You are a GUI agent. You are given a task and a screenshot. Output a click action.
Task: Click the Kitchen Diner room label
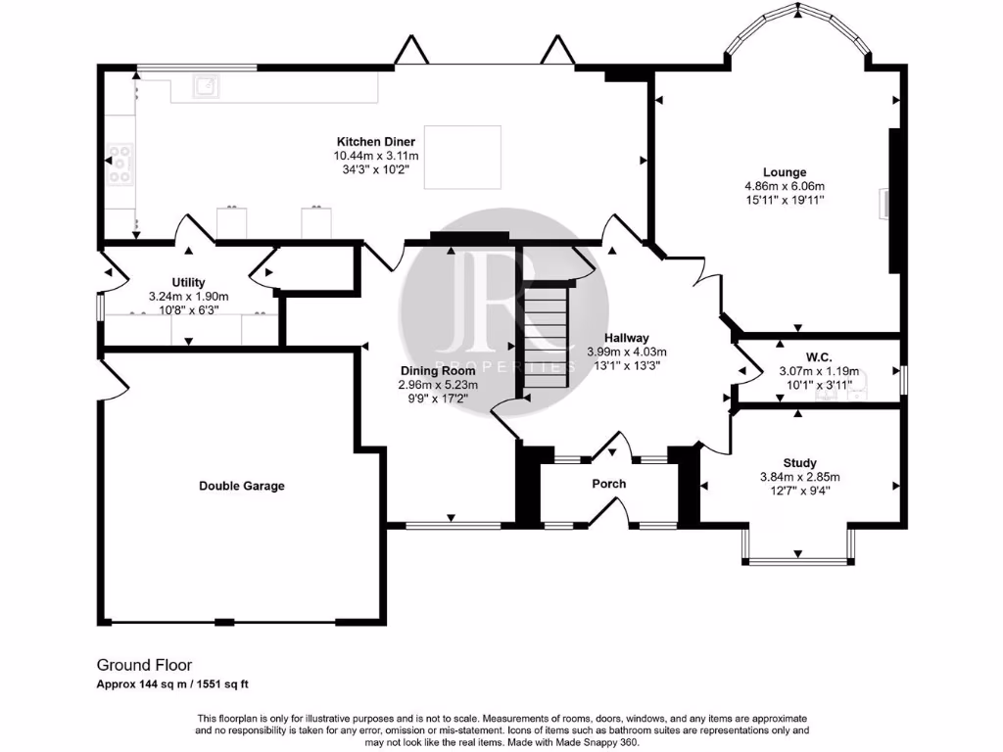tap(376, 142)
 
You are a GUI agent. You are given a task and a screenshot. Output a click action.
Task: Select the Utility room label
tap(188, 282)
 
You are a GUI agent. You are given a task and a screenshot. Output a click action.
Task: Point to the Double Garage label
tap(241, 486)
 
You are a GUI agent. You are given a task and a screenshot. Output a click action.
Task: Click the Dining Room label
tap(431, 371)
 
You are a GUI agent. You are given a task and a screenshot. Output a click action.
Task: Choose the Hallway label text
tap(626, 338)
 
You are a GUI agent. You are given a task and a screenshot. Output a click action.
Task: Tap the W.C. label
tap(818, 357)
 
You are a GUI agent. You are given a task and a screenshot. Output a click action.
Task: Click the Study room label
tap(799, 463)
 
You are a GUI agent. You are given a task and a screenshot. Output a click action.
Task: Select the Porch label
tap(608, 484)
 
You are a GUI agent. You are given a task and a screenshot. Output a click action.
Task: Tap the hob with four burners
tap(121, 164)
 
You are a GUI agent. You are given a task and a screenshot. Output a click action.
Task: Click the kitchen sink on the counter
tap(206, 88)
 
